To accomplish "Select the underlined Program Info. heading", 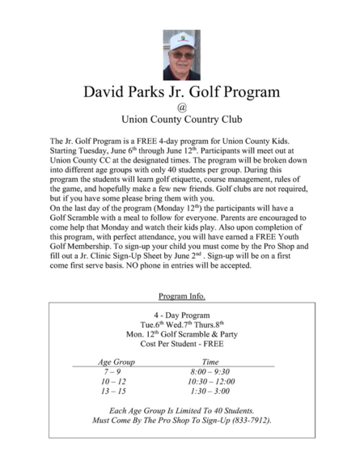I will click(x=181, y=297).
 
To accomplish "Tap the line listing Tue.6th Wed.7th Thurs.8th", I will click(x=181, y=324).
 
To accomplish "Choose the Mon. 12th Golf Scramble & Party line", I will click(x=181, y=334).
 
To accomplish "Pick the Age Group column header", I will click(x=116, y=363).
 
